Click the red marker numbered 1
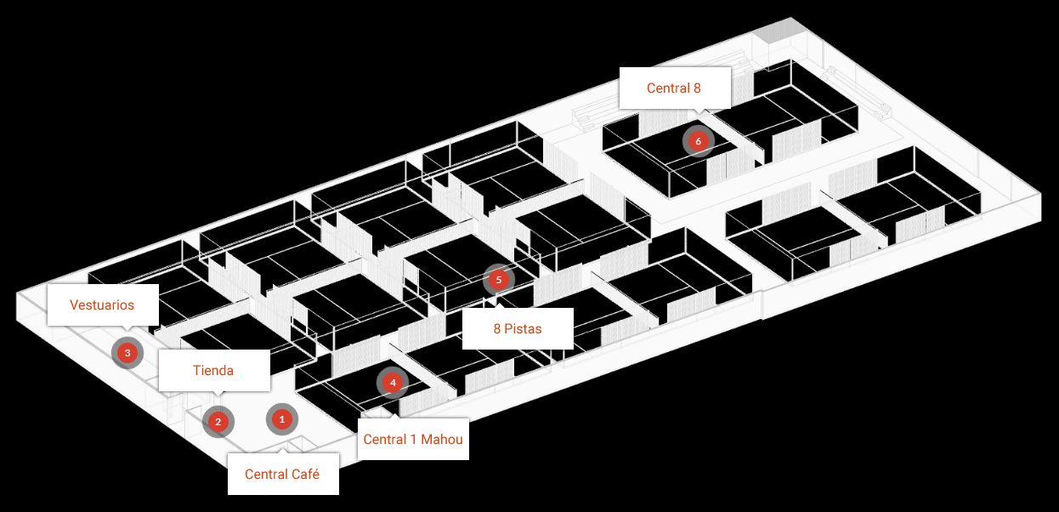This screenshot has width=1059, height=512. click(x=282, y=419)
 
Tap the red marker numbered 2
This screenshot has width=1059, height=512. click(x=218, y=421)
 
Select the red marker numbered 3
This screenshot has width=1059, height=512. click(x=127, y=352)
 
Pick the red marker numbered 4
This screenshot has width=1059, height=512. click(x=393, y=383)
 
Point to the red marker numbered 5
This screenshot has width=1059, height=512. click(x=499, y=279)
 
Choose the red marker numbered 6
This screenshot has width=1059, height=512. click(x=698, y=140)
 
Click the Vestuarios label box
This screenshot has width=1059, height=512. click(x=102, y=305)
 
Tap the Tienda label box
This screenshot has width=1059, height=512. click(x=213, y=371)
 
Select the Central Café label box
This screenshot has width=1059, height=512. click(x=282, y=475)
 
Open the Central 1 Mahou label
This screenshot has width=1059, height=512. click(x=413, y=440)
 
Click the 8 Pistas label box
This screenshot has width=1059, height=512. click(x=518, y=329)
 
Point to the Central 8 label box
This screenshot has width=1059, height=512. click(x=675, y=88)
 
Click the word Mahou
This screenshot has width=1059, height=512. click(x=443, y=440)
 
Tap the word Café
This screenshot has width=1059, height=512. click(x=305, y=475)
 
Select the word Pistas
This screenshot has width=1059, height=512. click(x=524, y=329)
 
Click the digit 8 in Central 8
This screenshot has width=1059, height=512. click(x=699, y=88)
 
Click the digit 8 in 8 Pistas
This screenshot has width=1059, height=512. click(x=497, y=329)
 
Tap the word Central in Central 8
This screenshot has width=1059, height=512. click(x=668, y=88)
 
